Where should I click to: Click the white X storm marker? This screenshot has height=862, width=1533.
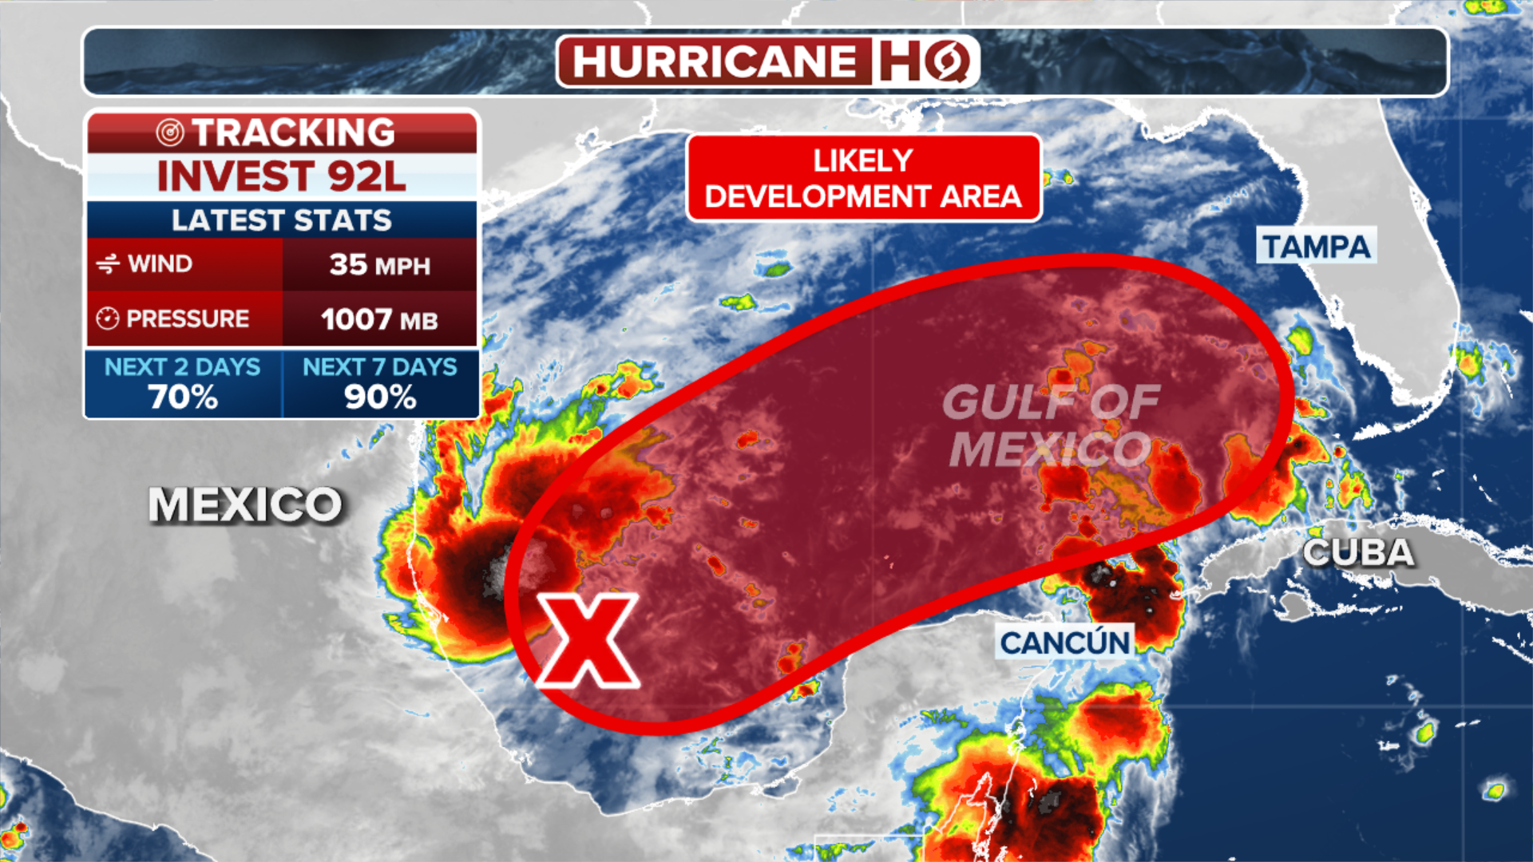coord(588,640)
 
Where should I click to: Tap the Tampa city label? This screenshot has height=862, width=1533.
coord(1316,247)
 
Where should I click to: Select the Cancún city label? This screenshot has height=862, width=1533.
coord(1065,643)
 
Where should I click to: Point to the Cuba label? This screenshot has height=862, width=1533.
coord(1358,552)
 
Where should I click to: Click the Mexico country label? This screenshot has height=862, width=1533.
coord(245,505)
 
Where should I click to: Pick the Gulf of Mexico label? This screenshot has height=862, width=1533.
coord(1051,425)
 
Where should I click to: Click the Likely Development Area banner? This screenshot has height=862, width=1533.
coord(863,178)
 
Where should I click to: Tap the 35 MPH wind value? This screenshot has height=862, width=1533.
coord(379,265)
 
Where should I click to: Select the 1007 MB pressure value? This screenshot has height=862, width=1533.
coord(379,320)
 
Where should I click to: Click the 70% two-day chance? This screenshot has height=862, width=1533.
coord(183,397)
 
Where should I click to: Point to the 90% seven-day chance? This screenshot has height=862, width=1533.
coord(380,397)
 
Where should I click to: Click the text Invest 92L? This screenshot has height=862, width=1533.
coord(281,176)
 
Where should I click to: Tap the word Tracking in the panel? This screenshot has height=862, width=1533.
coord(294,132)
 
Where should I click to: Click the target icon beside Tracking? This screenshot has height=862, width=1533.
coord(170,132)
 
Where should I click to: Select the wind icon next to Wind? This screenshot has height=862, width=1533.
coord(108,263)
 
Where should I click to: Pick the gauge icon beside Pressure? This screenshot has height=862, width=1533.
coord(108,318)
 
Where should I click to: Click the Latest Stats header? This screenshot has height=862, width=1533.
coord(281,219)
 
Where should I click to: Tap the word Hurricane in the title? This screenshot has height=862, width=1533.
coord(715,61)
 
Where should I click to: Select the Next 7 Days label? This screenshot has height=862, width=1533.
coord(380,366)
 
